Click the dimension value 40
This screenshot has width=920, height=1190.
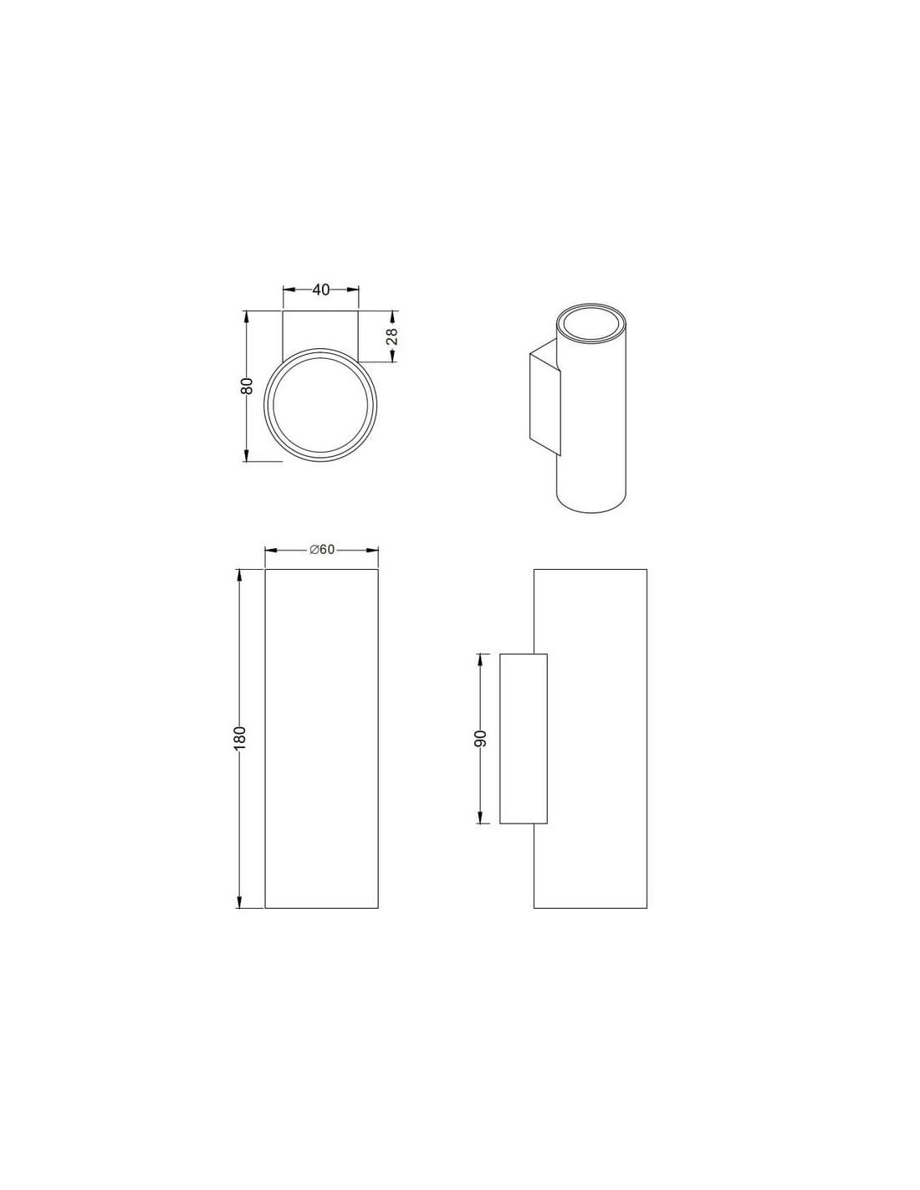tap(320, 290)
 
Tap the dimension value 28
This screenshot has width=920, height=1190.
tap(392, 336)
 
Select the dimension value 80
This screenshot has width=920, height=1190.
tap(247, 386)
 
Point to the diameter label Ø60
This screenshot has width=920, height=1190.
tap(322, 549)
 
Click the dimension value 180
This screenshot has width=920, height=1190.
tap(240, 739)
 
